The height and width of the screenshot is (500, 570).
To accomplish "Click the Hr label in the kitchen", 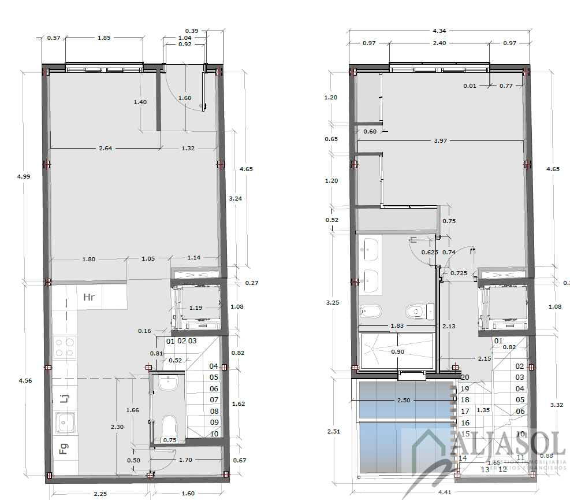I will click(89, 298).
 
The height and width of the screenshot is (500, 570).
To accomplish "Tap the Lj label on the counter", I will click(64, 398).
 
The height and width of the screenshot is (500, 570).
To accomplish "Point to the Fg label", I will click(64, 449).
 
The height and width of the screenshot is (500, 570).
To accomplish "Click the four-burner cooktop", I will click(64, 347).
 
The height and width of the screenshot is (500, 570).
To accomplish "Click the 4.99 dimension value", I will click(24, 176).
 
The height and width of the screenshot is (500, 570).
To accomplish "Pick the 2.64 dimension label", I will click(105, 149).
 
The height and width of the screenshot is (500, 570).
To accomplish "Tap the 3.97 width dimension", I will click(441, 141).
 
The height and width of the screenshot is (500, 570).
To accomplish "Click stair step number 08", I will click(214, 411).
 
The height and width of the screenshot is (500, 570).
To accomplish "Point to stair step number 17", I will click(465, 411).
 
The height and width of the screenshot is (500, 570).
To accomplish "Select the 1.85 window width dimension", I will click(104, 38).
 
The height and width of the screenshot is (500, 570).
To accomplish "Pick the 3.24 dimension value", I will click(235, 198).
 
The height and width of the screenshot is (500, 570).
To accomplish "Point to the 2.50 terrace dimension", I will click(404, 400).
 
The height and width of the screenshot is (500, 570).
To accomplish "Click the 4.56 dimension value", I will click(25, 380).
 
